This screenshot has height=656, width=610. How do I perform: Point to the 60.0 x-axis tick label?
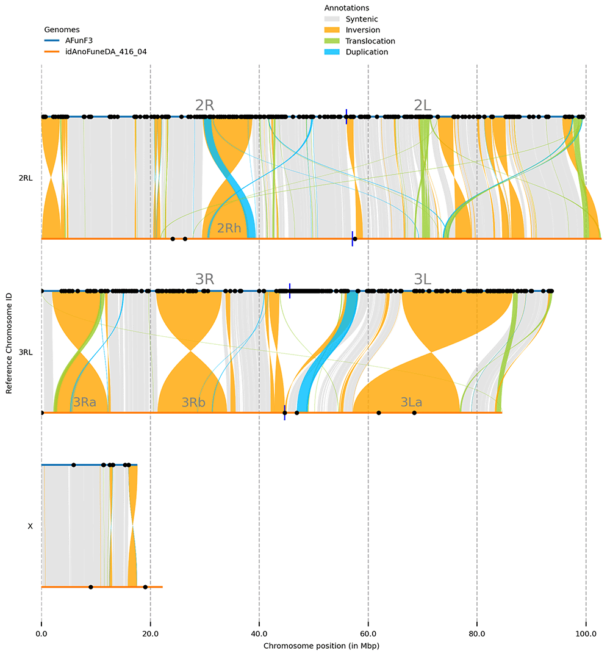tap(368, 634)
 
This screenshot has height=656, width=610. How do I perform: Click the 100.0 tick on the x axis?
tap(586, 634)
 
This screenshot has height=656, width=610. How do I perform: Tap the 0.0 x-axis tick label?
tap(41, 634)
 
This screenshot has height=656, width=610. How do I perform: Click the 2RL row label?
tap(26, 178)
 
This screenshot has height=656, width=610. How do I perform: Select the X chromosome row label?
tap(30, 526)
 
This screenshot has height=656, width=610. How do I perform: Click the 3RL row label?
tap(26, 352)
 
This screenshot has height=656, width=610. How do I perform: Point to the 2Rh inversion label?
tap(229, 229)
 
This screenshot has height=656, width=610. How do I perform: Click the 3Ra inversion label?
tap(84, 402)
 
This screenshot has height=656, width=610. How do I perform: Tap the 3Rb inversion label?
tap(193, 402)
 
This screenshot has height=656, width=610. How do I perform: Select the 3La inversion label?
tap(412, 402)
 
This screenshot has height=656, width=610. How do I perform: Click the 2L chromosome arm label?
tap(422, 105)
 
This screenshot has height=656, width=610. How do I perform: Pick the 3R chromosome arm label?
tap(204, 279)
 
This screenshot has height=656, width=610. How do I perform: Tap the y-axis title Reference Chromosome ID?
tap(10, 352)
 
